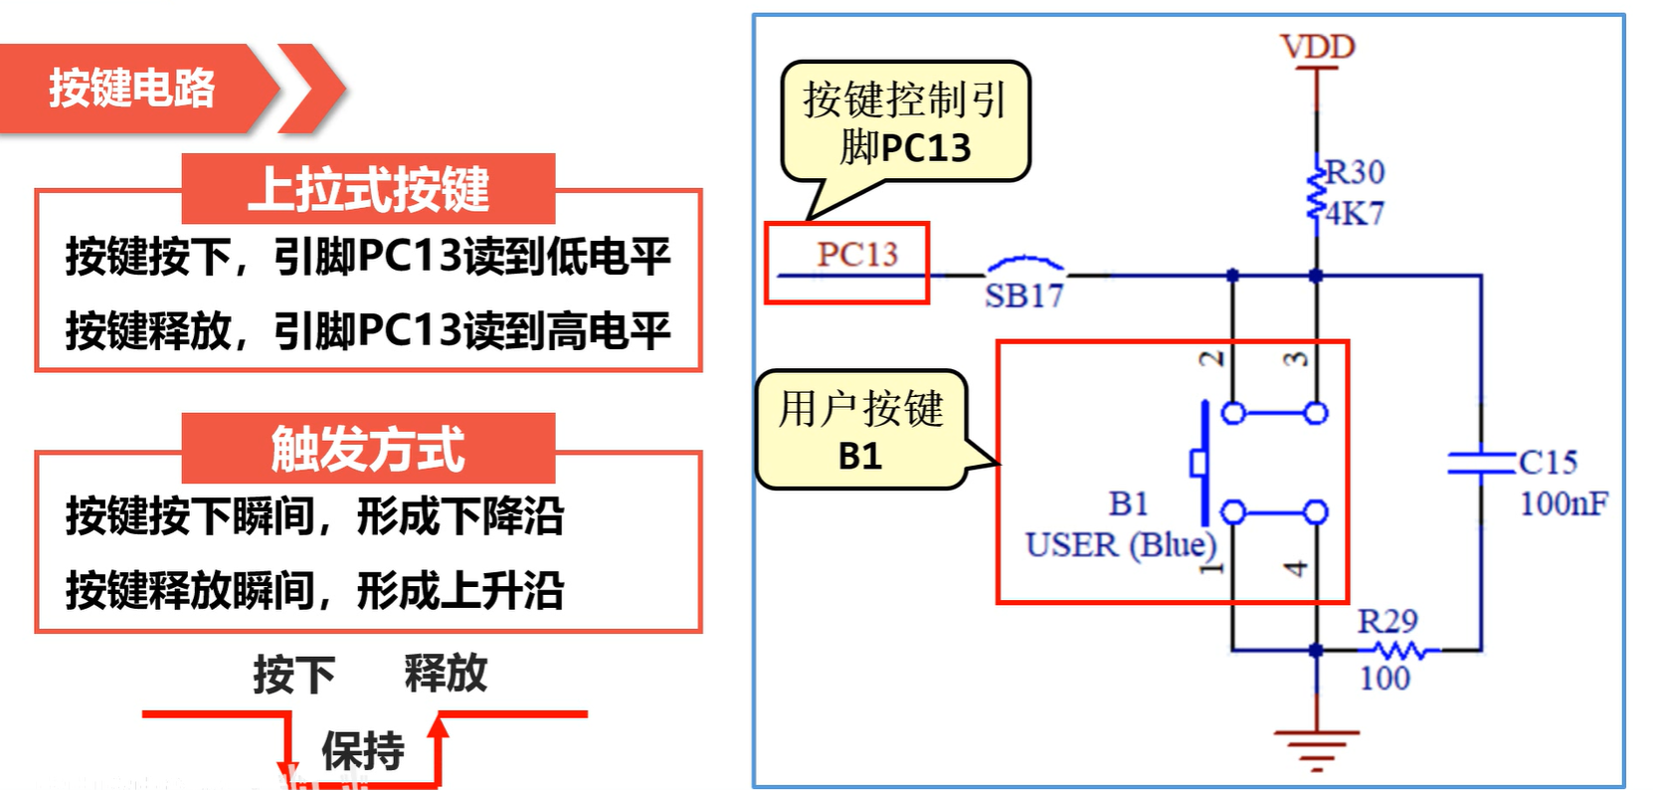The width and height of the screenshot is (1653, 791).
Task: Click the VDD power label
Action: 1317,46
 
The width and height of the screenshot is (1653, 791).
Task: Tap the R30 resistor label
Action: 1355,172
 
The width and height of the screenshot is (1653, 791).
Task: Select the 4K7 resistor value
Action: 1355,213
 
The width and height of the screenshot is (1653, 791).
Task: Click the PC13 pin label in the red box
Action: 856,255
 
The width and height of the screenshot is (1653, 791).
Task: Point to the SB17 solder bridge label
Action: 1023,296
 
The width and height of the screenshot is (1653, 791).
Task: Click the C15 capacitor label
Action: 1548,462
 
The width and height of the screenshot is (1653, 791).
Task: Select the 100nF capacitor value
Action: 1562,503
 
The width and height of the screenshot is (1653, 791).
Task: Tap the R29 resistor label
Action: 1387,622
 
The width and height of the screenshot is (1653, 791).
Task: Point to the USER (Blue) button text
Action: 1121,545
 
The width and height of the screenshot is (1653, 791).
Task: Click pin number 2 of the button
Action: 1210,359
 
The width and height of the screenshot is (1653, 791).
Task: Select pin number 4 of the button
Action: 1295,568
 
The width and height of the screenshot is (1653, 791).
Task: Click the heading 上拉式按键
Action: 368,189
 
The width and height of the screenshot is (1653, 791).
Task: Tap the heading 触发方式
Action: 368,449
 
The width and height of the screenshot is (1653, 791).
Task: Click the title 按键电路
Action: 131,88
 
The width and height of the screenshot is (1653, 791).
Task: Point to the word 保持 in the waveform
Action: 362,750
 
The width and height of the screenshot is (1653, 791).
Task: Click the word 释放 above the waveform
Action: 446,674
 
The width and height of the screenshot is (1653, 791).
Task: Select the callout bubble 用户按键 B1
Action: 860,430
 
